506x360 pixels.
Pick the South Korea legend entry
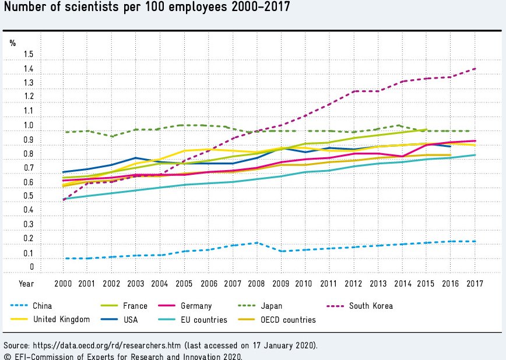[371, 306]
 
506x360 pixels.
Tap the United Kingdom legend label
[61, 319]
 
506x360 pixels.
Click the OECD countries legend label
[288, 319]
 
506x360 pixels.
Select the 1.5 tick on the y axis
[28, 55]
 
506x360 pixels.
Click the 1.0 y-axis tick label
[28, 126]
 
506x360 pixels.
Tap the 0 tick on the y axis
[31, 267]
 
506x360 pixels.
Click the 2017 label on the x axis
[475, 284]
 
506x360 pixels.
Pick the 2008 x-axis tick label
[256, 284]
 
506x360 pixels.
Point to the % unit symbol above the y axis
[13, 43]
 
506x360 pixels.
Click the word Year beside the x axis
[26, 284]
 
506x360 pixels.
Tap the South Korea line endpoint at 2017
[475, 69]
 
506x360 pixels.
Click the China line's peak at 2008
[256, 243]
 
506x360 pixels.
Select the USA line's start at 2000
[62, 172]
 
